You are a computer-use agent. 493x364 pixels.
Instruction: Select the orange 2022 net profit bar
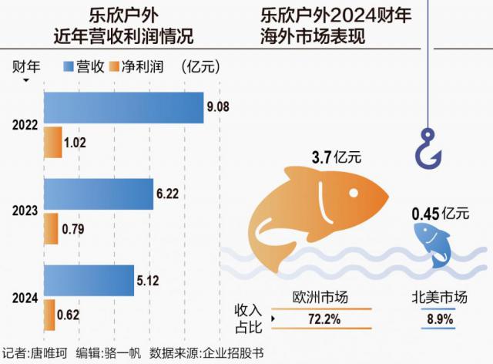point(52,143)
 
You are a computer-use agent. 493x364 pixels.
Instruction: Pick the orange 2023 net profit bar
point(51,228)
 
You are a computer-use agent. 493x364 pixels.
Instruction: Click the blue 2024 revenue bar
point(89,281)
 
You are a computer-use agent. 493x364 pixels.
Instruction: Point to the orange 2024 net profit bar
point(49,315)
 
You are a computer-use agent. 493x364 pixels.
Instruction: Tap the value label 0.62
point(69,315)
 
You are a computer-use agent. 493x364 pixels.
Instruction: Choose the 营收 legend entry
point(82,66)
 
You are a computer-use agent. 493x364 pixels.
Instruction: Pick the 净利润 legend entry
point(137,66)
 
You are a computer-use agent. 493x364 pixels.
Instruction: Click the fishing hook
point(428,150)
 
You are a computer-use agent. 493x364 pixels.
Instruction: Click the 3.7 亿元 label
point(336,157)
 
